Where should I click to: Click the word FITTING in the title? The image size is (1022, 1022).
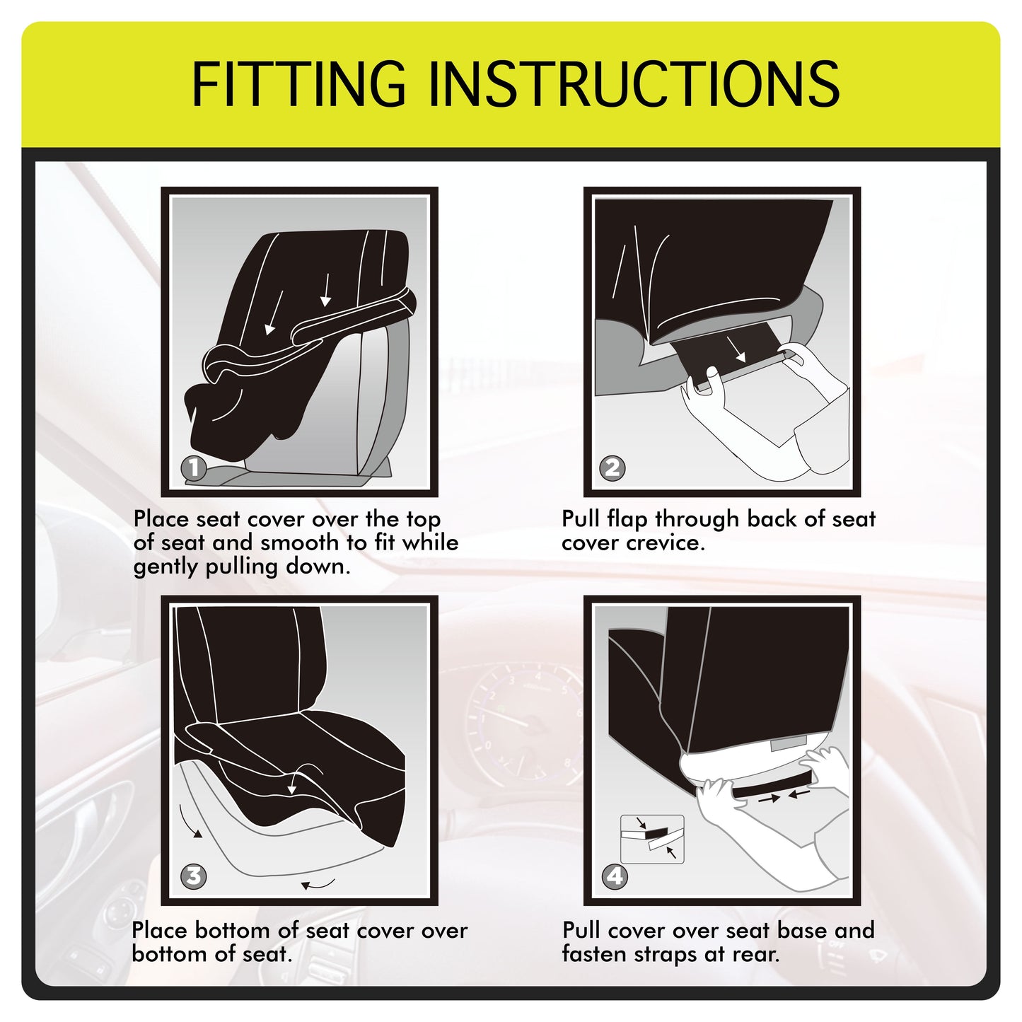(298, 83)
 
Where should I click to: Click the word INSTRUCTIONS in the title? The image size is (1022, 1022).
(634, 83)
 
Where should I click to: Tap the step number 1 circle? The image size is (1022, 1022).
(194, 468)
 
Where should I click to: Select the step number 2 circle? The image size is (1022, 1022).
(612, 468)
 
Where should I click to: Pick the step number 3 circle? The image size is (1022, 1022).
(194, 876)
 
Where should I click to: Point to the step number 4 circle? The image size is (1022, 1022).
(615, 876)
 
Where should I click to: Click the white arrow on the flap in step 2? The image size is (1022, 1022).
(737, 349)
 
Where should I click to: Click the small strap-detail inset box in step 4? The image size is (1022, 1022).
(652, 839)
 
